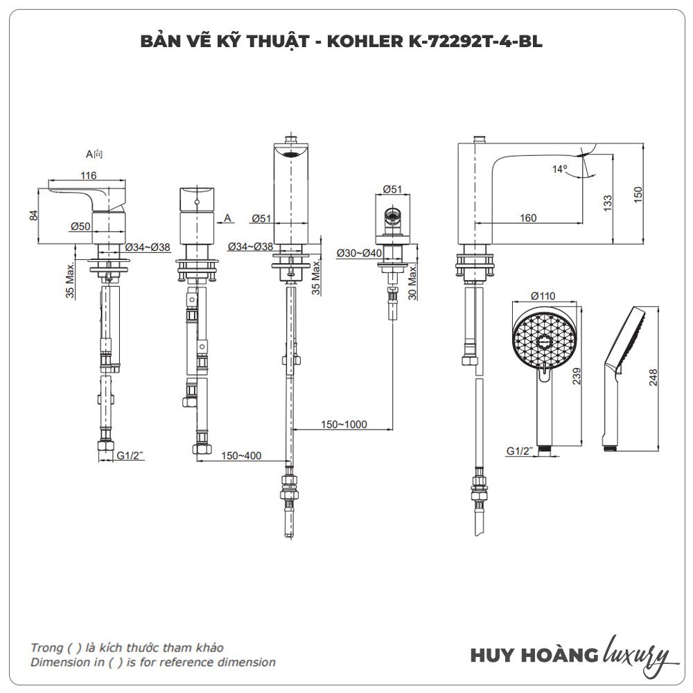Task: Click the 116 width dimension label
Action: point(88,176)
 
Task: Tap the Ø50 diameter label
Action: point(80,227)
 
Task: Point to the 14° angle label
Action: point(559,168)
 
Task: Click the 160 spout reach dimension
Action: point(527,218)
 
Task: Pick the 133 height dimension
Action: point(607,202)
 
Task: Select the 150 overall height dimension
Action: point(638,195)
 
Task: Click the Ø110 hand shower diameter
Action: point(544,296)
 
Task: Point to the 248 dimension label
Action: point(653,376)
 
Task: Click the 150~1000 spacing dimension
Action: point(344,424)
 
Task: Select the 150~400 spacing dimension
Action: point(242,455)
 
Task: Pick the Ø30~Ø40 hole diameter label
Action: point(359,253)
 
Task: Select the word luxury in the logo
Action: point(637,653)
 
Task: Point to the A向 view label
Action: point(94,154)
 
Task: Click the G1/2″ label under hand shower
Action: point(520,451)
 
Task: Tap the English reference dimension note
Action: point(152,662)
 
